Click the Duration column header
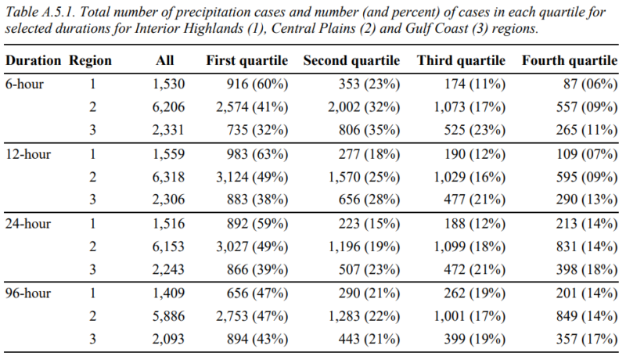pos(33,60)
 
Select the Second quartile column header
pos(351,60)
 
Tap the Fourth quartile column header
pos(570,60)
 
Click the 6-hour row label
pos(24,84)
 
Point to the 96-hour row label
pos(28,293)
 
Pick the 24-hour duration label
pos(28,224)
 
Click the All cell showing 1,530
pos(168,84)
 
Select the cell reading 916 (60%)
pos(257,84)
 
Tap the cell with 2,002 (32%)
pos(364,107)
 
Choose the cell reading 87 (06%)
pos(591,84)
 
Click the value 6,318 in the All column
pos(168,177)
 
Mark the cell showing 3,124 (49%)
pos(252,177)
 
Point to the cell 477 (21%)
pos(475,200)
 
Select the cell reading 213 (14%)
pos(587,224)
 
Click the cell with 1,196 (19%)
pos(364,247)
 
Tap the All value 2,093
pos(168,339)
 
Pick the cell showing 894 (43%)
pos(257,339)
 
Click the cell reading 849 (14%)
pos(587,316)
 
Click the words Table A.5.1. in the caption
pos(41,12)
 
